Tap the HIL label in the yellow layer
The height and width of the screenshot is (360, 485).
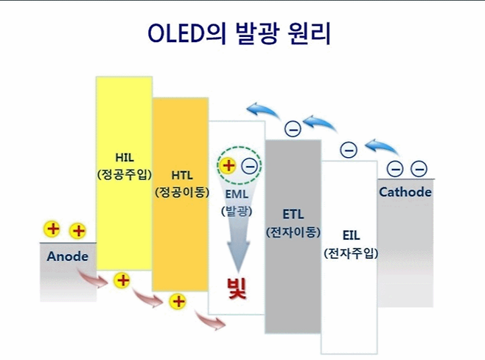(124, 156)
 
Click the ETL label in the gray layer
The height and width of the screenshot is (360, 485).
(293, 214)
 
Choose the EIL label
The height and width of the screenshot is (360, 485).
(350, 235)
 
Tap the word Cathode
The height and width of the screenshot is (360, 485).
(405, 192)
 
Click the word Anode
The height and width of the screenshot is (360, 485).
(67, 257)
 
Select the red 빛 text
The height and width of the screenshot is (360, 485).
(237, 285)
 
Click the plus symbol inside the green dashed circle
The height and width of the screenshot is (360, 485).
(228, 165)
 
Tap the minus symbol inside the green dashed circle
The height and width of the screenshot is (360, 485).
(248, 166)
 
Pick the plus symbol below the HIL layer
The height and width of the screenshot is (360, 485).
(122, 280)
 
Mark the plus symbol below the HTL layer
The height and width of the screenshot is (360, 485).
(177, 301)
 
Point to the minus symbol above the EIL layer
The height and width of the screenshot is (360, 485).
(348, 150)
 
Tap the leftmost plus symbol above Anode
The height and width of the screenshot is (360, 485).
(53, 229)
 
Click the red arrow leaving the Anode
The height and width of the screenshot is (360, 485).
(94, 279)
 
